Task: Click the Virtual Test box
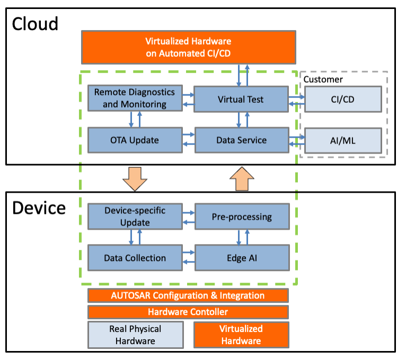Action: [241, 99]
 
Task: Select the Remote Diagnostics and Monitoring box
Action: [135, 98]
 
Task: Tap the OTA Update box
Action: [135, 140]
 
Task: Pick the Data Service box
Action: [242, 140]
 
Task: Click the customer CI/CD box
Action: [343, 99]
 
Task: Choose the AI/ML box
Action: [343, 140]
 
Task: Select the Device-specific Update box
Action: [135, 217]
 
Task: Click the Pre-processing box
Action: [242, 217]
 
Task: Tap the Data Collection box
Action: [135, 258]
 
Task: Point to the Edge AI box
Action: [242, 258]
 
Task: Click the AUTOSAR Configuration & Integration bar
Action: [188, 295]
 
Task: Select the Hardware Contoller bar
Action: [188, 312]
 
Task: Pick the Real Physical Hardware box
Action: [135, 335]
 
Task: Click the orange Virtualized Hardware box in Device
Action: [241, 335]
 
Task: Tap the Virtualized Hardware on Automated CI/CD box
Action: [189, 47]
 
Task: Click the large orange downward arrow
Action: [135, 179]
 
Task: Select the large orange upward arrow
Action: [242, 179]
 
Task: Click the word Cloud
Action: [35, 24]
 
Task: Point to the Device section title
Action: [39, 208]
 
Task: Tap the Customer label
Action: [323, 79]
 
